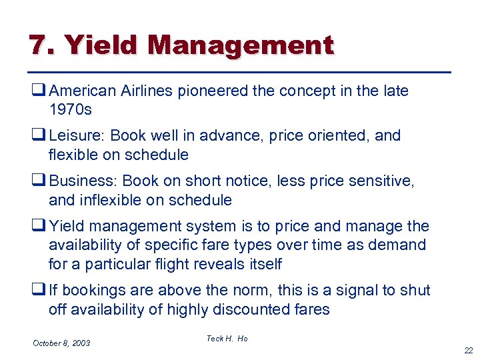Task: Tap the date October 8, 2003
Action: tap(61, 343)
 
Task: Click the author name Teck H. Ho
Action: tap(227, 339)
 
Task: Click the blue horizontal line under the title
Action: tap(240, 71)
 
